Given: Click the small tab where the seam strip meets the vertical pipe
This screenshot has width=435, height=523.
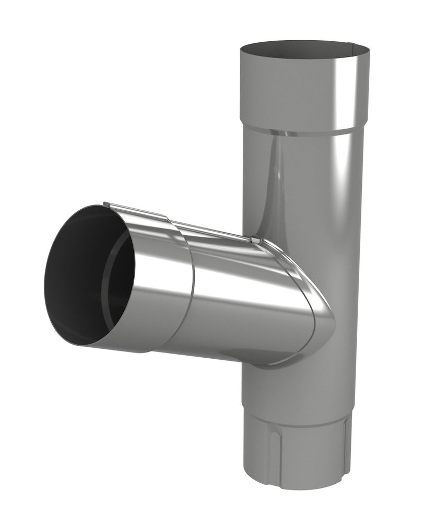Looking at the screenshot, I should pos(255,240).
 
